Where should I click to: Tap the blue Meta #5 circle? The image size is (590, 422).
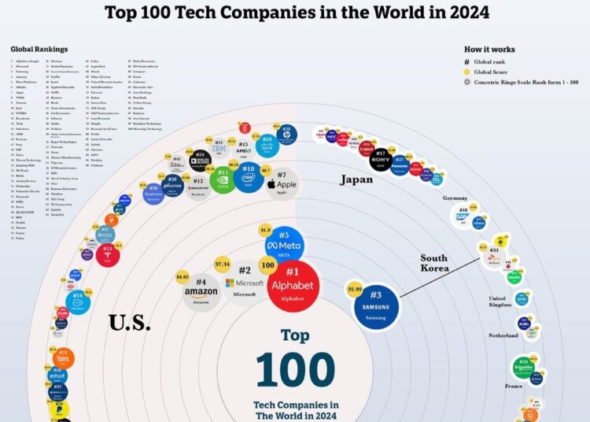point(284,246)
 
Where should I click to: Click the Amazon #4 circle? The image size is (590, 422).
point(201,291)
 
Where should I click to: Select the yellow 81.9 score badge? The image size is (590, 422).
point(265,229)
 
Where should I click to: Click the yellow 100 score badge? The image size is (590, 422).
point(267,266)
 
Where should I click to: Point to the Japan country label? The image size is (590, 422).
point(356,180)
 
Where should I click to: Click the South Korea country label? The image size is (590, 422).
point(433,263)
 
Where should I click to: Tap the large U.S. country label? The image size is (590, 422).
point(131,322)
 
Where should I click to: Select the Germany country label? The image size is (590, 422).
point(455,198)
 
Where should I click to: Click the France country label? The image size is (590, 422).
point(514,387)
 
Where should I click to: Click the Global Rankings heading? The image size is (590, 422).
point(39,49)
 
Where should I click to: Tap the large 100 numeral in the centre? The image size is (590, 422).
point(295,368)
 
